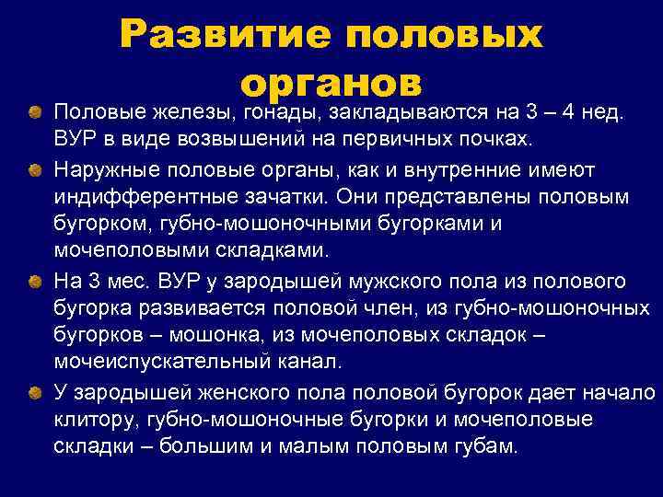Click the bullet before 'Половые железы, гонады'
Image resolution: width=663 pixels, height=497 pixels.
click(x=33, y=112)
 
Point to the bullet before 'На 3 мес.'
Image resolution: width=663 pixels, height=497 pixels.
click(x=33, y=280)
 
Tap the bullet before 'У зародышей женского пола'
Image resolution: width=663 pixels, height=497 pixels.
click(x=33, y=392)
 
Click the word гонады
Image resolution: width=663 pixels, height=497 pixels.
click(x=277, y=112)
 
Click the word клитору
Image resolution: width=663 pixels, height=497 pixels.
click(x=91, y=420)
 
